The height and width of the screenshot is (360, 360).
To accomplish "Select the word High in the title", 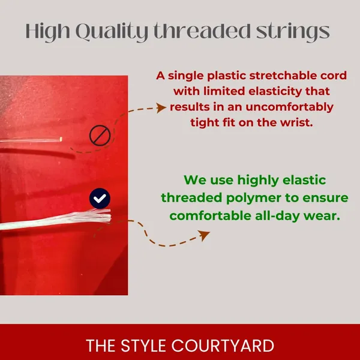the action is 48,32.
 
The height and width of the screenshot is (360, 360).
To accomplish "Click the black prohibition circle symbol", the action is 100,136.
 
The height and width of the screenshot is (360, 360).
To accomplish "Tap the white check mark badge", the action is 100,199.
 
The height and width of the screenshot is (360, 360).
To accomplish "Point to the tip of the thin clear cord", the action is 61,139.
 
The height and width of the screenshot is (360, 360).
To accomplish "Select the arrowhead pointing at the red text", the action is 161,107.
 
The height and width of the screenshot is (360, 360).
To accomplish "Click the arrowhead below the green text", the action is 205,235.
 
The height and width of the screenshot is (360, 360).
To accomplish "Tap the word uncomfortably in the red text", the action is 290,107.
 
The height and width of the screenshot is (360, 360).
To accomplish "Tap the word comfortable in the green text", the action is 211,216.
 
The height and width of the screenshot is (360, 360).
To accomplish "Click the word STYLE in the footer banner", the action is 143,346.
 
